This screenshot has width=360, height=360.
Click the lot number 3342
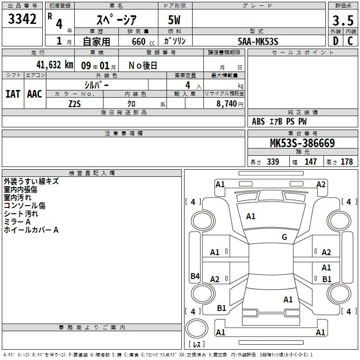[22, 19]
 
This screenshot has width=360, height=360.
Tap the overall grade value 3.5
[343, 21]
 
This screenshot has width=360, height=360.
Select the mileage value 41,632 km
[54, 65]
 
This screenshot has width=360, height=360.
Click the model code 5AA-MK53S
[258, 41]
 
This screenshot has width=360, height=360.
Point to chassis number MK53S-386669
[302, 143]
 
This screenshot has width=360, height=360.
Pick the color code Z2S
[75, 104]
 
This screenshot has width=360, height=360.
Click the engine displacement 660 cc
[143, 42]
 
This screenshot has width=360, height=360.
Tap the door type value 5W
[174, 20]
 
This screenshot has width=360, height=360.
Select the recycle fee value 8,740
[227, 104]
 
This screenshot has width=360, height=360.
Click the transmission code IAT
[13, 94]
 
